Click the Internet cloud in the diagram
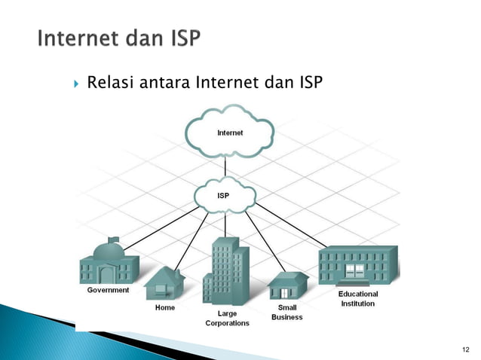coord(230,133)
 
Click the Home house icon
coord(164,285)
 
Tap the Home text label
coord(164,307)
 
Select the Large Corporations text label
coord(227,317)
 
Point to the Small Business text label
coord(286,313)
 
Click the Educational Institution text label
coord(357,298)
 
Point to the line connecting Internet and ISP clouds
coord(225,167)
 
